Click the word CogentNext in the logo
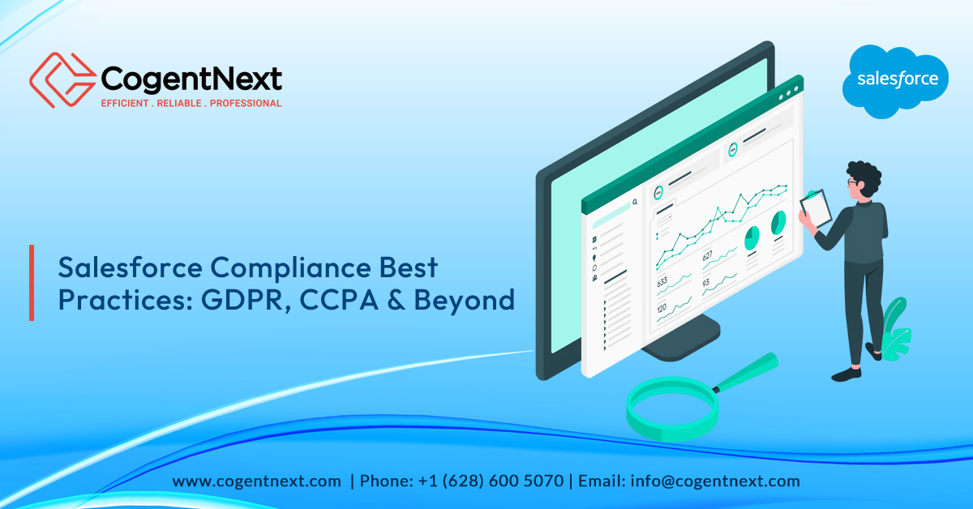pos(191,79)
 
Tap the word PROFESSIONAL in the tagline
pos(246,104)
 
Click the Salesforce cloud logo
pos(898,79)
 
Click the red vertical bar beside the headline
pos(32,282)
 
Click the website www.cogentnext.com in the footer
pos(256,481)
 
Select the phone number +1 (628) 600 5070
pos(491,481)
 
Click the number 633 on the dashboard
pos(662,283)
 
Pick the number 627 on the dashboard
pos(708,256)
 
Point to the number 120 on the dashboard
pos(661,309)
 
